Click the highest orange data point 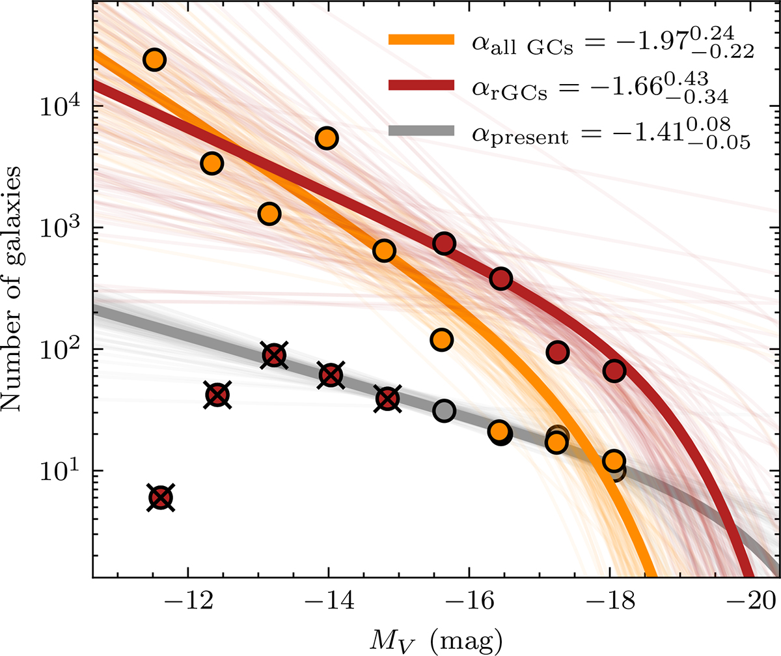[x=154, y=60]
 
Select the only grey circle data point [x=444, y=411]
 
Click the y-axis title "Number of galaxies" [x=18, y=289]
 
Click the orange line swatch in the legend [x=420, y=40]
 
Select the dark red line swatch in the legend [x=420, y=85]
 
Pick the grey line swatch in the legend [x=420, y=131]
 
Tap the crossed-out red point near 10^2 [x=275, y=355]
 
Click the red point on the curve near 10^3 [x=445, y=244]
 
